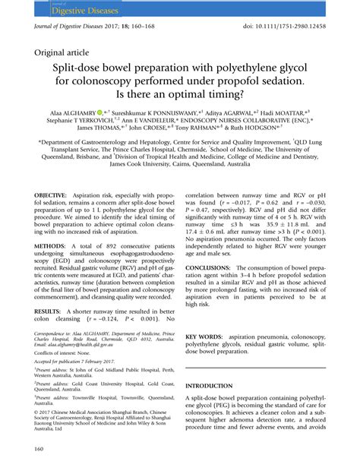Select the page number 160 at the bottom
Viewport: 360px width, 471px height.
tap(39, 449)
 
